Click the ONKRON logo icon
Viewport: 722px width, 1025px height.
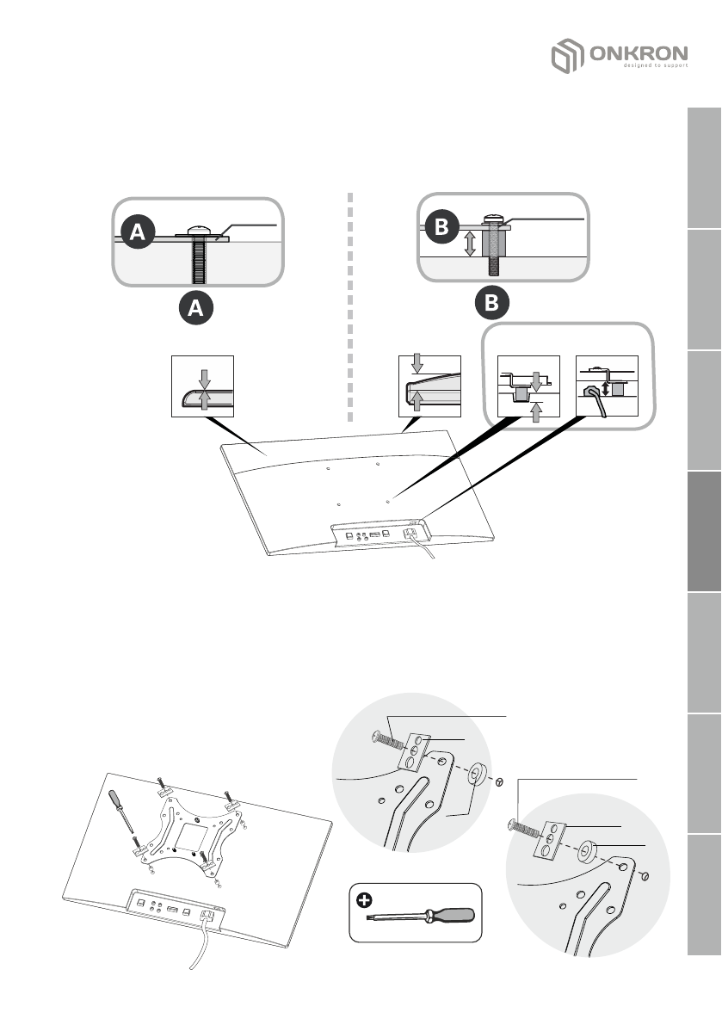[x=566, y=59]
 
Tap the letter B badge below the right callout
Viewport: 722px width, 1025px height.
[x=491, y=304]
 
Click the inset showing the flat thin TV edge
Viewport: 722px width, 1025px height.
[x=203, y=385]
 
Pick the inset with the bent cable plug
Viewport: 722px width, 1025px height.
[x=607, y=386]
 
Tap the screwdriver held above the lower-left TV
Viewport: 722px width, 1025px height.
[x=121, y=808]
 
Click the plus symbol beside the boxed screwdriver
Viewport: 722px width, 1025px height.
[x=366, y=900]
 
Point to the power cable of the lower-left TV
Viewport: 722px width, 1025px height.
[x=200, y=947]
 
